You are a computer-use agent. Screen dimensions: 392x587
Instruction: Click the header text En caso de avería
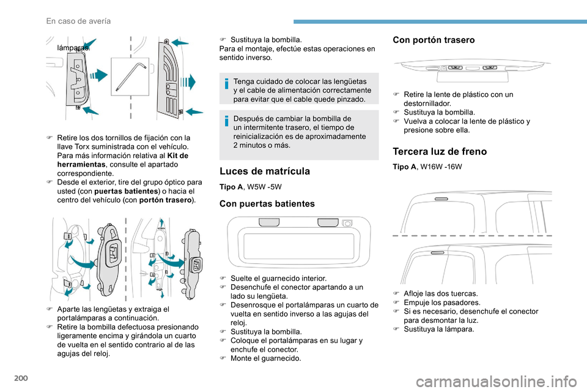click(78, 21)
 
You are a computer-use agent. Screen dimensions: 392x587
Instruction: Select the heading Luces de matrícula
click(264, 171)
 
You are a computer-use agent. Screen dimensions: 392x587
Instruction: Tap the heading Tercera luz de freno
click(435, 152)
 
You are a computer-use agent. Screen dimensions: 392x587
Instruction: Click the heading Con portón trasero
click(434, 40)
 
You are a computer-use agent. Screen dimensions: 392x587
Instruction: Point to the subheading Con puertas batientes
click(267, 203)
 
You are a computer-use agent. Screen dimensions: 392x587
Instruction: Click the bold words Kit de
click(175, 156)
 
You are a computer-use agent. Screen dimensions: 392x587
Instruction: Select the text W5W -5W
click(264, 186)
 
